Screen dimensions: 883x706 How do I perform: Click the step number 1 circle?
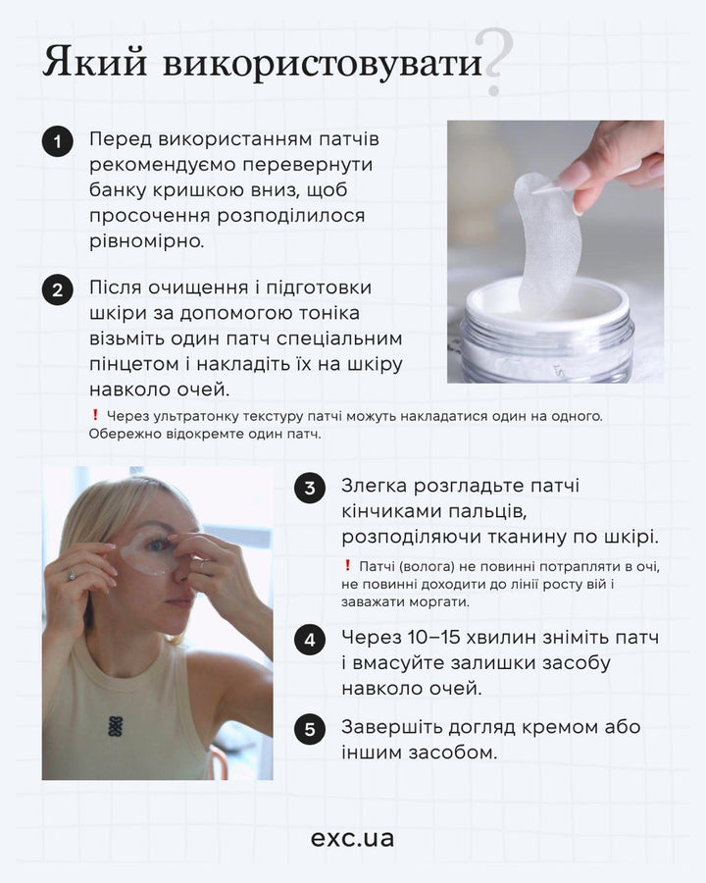point(58,142)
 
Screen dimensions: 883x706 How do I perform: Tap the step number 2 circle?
point(58,290)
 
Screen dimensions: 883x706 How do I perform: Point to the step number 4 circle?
point(310,641)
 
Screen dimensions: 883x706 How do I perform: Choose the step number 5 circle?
point(310,729)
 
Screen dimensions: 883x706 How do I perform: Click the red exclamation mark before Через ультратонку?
point(95,415)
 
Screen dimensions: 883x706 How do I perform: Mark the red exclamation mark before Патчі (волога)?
point(348,565)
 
